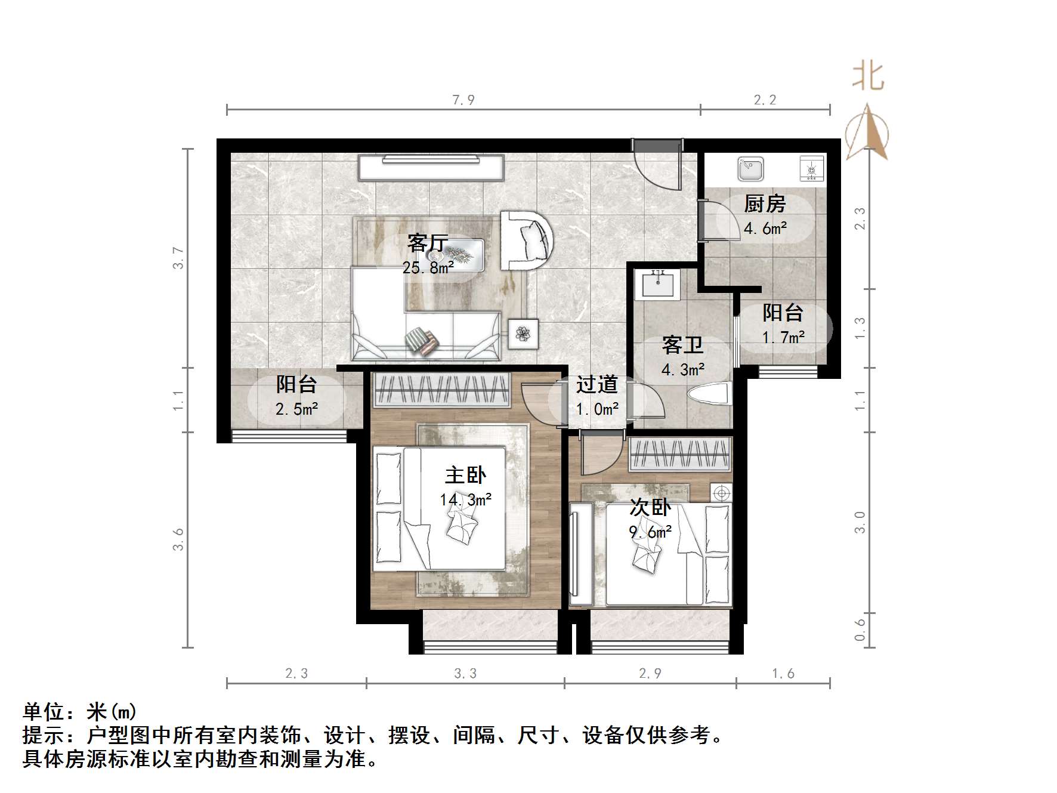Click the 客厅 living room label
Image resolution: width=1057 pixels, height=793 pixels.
(428, 243)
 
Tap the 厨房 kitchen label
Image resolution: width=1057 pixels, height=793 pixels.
(765, 204)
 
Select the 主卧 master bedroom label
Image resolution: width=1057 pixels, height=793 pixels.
(465, 475)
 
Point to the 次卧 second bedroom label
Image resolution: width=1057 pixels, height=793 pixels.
(650, 508)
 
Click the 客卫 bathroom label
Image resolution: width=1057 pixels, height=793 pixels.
(682, 345)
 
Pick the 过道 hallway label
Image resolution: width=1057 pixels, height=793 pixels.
(597, 385)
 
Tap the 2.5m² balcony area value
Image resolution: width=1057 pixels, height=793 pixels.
(296, 409)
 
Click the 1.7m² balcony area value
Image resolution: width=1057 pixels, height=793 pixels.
(783, 338)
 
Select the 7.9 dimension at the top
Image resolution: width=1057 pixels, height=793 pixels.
(463, 100)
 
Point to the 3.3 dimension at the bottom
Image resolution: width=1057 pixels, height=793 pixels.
(465, 674)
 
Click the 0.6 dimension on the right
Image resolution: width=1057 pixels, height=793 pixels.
(860, 629)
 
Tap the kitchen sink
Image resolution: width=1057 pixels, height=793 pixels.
(750, 168)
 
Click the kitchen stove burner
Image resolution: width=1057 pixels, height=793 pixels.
(811, 169)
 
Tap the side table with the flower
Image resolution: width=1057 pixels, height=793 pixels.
(523, 334)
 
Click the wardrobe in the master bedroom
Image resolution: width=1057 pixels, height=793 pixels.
(442, 390)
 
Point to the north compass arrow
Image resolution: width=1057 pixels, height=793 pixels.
(867, 131)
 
